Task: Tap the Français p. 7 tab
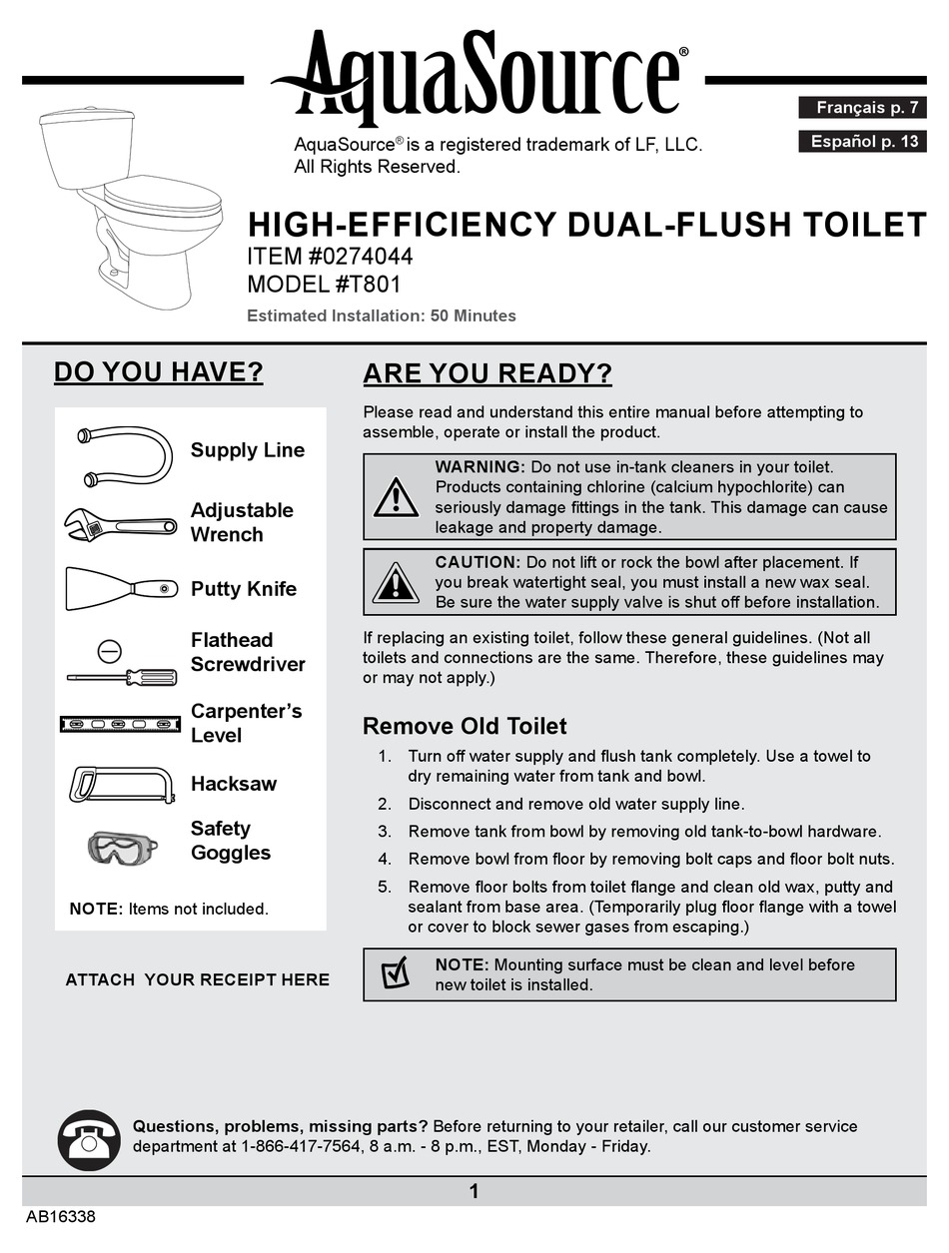coord(863,107)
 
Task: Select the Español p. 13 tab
coord(863,141)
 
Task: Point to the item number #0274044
coord(364,256)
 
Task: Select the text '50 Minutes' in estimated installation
coord(473,315)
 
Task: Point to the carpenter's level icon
coord(119,723)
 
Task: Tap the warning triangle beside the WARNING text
coord(396,496)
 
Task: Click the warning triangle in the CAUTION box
coord(396,582)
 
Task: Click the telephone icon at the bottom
coord(89,1138)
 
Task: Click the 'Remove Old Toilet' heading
coord(464,726)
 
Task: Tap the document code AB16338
coord(61,1218)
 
